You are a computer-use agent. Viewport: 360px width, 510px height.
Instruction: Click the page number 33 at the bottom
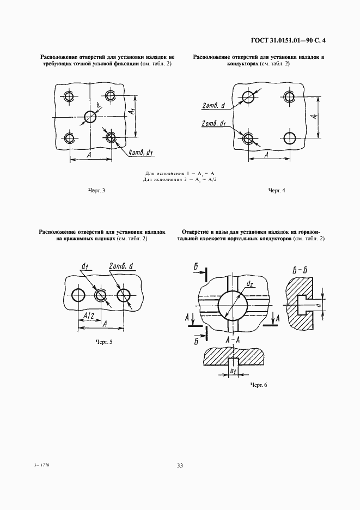[x=180, y=465]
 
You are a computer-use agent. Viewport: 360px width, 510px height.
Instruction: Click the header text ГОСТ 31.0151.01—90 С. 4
[x=289, y=41]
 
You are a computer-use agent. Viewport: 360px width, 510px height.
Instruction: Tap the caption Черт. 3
[x=96, y=190]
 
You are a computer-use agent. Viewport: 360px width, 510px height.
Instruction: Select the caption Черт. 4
[x=277, y=190]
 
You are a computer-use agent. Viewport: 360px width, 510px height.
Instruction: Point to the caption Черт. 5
[x=104, y=342]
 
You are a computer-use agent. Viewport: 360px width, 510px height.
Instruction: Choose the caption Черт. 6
[x=259, y=385]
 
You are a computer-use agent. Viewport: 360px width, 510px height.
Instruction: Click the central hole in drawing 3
[x=90, y=117]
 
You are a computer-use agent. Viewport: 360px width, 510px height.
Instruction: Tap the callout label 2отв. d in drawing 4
[x=213, y=106]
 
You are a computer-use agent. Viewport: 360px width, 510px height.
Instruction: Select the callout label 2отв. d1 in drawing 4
[x=214, y=124]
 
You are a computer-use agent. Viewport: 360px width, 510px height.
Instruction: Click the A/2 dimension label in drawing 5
[x=89, y=315]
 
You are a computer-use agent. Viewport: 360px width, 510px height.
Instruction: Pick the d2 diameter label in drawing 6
[x=250, y=284]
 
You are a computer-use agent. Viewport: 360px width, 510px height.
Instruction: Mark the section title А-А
[x=233, y=341]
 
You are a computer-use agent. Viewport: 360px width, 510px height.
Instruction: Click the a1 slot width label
[x=233, y=371]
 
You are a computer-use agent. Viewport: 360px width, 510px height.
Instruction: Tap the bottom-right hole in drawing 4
[x=289, y=138]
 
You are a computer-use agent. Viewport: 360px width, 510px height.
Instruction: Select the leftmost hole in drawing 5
[x=78, y=295]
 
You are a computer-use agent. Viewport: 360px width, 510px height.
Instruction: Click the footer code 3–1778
[x=41, y=465]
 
